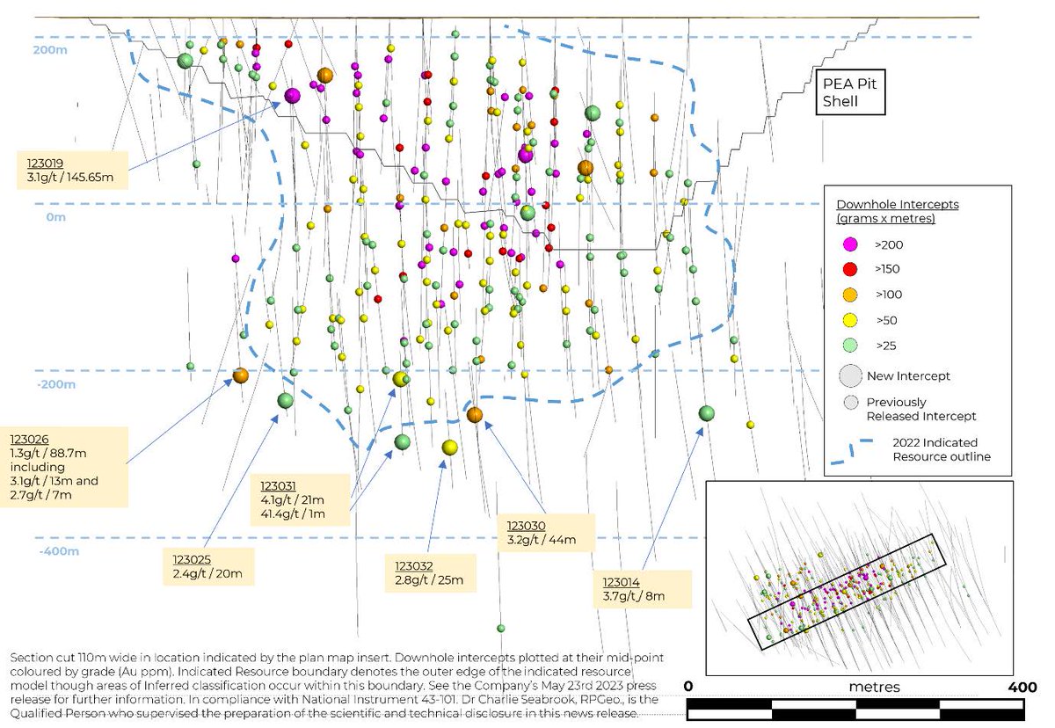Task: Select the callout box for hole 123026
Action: point(68,467)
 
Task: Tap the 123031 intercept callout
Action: point(302,500)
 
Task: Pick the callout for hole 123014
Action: point(640,588)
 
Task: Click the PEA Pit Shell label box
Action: point(849,93)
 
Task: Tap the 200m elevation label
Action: point(50,50)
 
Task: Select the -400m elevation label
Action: point(58,551)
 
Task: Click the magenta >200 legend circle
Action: point(849,244)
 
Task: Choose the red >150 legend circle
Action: point(849,269)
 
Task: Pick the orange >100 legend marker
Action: point(849,295)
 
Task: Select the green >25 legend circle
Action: point(849,346)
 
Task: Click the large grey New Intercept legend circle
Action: point(849,375)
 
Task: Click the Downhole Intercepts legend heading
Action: point(891,210)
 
